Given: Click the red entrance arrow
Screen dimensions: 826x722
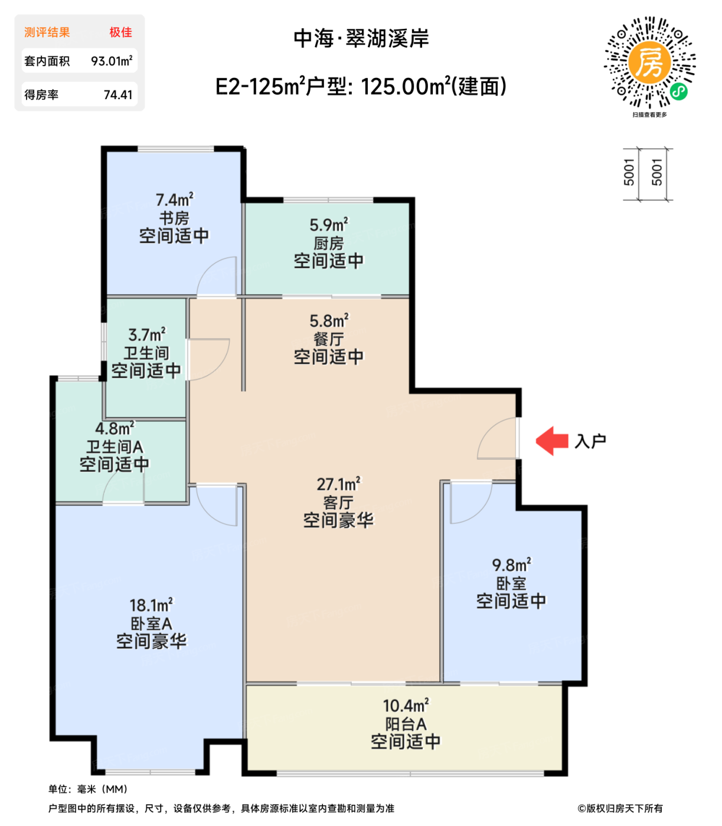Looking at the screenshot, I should tap(551, 441).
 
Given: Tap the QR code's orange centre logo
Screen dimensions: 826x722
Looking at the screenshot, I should tap(649, 63).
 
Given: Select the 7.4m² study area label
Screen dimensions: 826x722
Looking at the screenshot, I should tap(174, 200).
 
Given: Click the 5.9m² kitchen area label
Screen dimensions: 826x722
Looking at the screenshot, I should tap(329, 225).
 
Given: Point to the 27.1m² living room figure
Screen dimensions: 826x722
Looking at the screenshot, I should tap(338, 484).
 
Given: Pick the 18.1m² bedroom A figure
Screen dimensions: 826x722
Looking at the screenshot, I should tap(151, 605).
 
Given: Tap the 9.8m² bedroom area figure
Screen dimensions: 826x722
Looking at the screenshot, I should tap(511, 565).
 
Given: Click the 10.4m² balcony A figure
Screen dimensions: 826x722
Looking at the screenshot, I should tap(406, 705).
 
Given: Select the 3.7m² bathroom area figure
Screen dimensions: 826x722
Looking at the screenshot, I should tap(147, 335).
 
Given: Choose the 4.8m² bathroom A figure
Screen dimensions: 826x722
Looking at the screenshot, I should tap(115, 428).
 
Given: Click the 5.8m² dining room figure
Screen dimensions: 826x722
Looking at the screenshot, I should tap(329, 321).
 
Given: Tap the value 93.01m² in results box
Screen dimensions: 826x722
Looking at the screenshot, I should tap(112, 61).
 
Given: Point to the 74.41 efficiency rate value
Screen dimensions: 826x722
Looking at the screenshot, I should tap(117, 94).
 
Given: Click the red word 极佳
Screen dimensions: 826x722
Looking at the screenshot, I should tap(120, 32).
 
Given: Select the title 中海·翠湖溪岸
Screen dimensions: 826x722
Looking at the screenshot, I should tap(361, 38).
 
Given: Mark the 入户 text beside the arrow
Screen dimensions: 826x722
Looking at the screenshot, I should tap(590, 441).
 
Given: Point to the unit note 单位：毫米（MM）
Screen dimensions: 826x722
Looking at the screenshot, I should tap(88, 789).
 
